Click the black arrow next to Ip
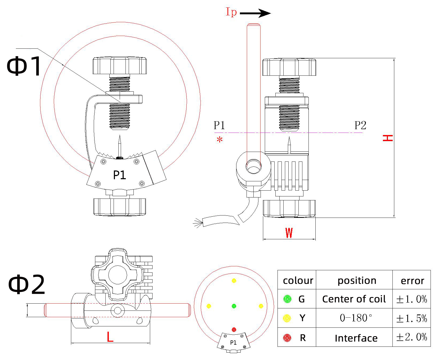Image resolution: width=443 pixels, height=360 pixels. click(x=255, y=13)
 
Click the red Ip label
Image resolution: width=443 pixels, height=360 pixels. click(x=231, y=12)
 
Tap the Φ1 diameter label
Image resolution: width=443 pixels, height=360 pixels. click(x=24, y=66)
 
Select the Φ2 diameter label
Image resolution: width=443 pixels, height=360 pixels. click(x=26, y=284)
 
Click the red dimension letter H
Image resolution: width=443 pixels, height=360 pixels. click(x=388, y=138)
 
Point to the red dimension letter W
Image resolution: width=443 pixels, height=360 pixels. click(x=289, y=233)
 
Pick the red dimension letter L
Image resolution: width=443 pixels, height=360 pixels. click(x=110, y=337)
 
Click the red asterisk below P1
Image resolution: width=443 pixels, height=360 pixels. click(x=220, y=139)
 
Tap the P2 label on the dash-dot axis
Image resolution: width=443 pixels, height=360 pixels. click(x=360, y=125)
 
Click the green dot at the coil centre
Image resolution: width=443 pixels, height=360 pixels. click(x=234, y=306)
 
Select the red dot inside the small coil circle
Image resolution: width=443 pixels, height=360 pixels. click(x=234, y=330)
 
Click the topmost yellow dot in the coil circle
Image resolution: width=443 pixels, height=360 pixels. click(x=234, y=281)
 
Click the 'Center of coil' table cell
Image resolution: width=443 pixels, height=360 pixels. click(x=354, y=299)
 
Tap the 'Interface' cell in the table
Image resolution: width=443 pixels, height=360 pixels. click(x=356, y=338)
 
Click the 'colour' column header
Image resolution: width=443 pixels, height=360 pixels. click(x=298, y=280)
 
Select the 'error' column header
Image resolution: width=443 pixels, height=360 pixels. click(x=412, y=281)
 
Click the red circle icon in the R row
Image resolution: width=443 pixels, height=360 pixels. click(x=287, y=338)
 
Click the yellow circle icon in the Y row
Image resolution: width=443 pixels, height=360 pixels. click(x=287, y=318)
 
